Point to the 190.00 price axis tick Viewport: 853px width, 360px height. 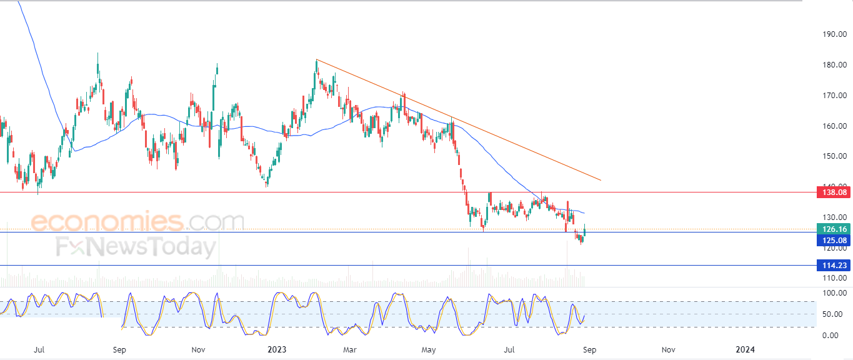pyautogui.click(x=834, y=34)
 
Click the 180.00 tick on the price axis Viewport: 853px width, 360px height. pyautogui.click(x=834, y=65)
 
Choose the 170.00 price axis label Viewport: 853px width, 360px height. pyautogui.click(x=834, y=96)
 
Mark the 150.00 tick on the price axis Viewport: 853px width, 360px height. pyautogui.click(x=834, y=156)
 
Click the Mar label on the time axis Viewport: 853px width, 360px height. pyautogui.click(x=350, y=350)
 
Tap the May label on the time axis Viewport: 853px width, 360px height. pyautogui.click(x=429, y=350)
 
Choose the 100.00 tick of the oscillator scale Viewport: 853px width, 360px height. pyautogui.click(x=834, y=293)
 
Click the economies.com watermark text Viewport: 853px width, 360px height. pyautogui.click(x=137, y=221)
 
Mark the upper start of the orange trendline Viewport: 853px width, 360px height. pyautogui.click(x=317, y=59)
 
